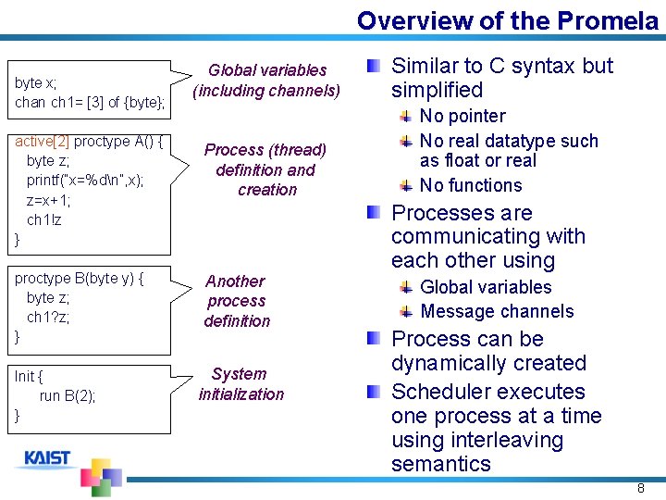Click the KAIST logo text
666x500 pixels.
coord(47,458)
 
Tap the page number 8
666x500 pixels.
coord(640,488)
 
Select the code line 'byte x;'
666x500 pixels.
coord(35,82)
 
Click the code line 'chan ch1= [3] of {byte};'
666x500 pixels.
coord(90,102)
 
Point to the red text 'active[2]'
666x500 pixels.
coord(42,142)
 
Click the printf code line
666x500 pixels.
coord(85,181)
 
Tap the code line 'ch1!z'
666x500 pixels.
coord(44,220)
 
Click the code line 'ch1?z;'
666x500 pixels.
coord(48,318)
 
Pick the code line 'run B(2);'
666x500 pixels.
coord(68,396)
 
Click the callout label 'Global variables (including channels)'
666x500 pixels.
coord(266,81)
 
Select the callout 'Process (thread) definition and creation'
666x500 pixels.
coord(265,169)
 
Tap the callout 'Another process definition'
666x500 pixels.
coord(237,301)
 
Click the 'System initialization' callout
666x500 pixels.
coord(240,384)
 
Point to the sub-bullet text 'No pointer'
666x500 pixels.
coord(462,117)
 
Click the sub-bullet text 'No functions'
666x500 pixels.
coord(471,185)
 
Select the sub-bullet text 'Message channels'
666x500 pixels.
coord(497,312)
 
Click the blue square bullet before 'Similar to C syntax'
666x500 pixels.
coord(372,67)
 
